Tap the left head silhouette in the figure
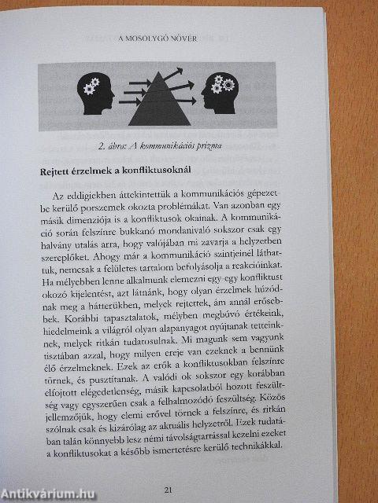[x=97, y=92]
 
